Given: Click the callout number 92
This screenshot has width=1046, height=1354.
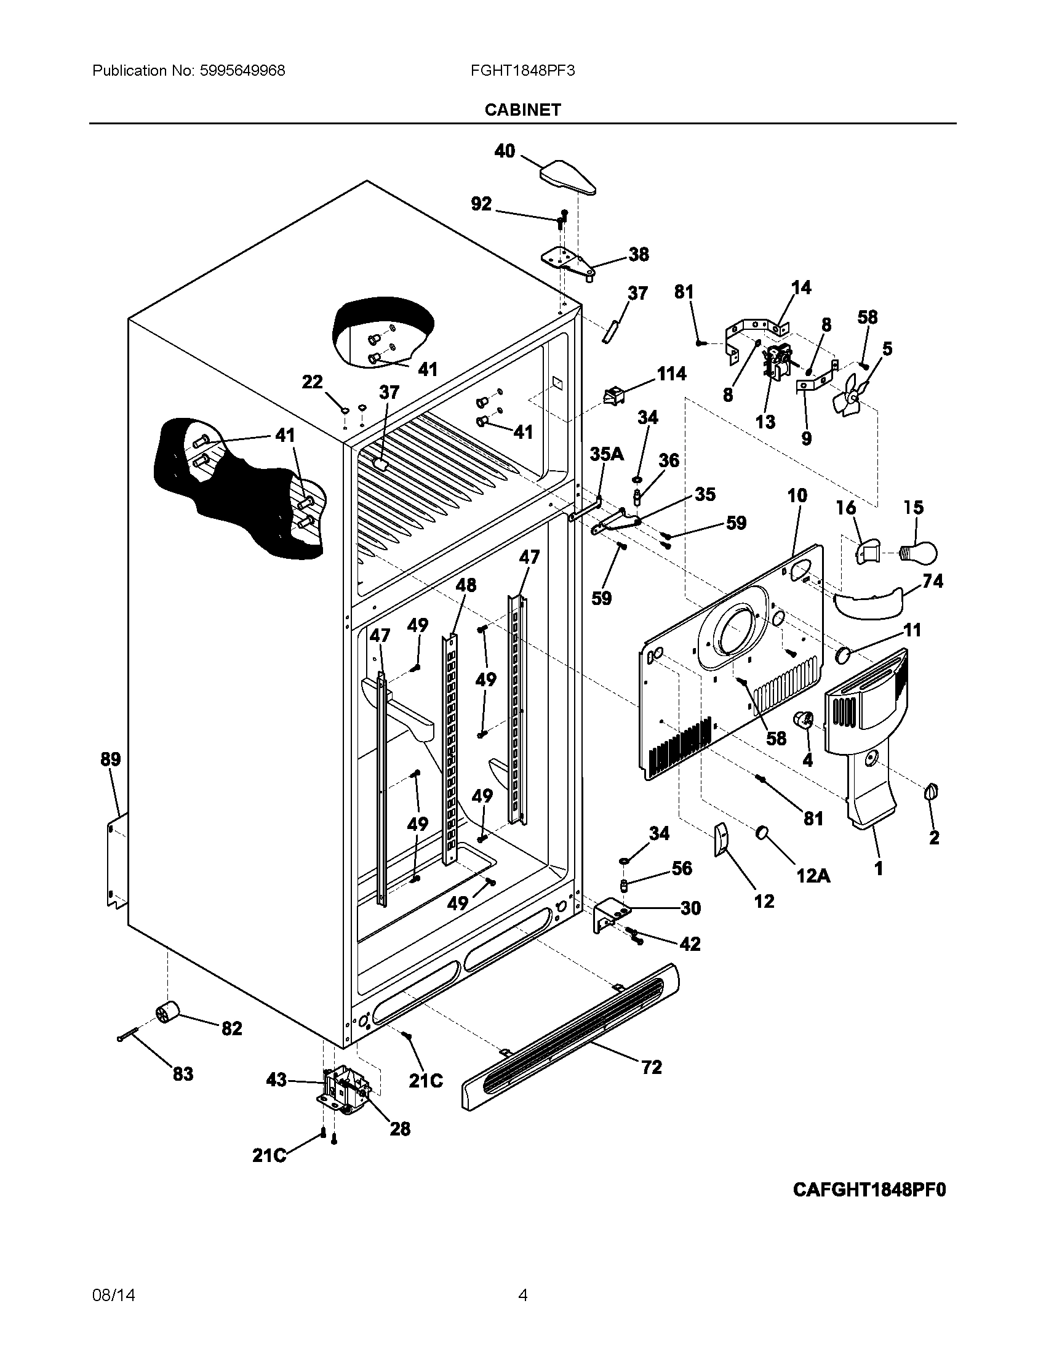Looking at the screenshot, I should [x=482, y=203].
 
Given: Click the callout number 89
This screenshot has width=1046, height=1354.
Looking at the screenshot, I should [x=111, y=759].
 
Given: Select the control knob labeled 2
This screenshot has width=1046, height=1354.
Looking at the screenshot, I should [x=932, y=791].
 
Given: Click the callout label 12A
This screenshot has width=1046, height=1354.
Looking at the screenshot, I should [x=812, y=875].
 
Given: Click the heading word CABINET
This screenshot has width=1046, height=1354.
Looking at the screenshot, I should [x=522, y=110].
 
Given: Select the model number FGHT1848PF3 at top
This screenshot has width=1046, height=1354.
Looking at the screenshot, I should [x=522, y=71].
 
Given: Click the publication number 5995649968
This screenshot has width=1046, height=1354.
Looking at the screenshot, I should [x=242, y=71].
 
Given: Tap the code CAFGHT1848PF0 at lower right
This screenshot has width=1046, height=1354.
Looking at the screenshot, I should [x=869, y=1190].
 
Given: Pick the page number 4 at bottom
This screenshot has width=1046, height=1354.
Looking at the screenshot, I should [x=522, y=1294].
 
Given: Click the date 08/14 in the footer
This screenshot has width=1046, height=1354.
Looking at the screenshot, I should [x=113, y=1295].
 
